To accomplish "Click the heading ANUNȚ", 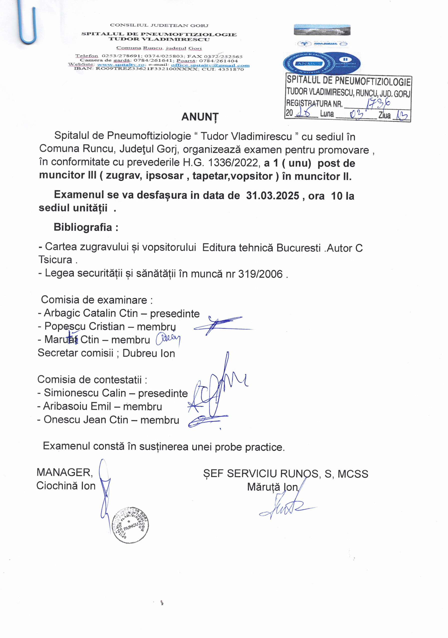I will click(x=200, y=117).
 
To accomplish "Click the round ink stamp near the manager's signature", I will click(x=130, y=524).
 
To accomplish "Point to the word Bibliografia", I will click(x=83, y=227).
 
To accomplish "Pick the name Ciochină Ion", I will click(x=66, y=486).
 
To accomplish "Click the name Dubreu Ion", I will click(x=149, y=353).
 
